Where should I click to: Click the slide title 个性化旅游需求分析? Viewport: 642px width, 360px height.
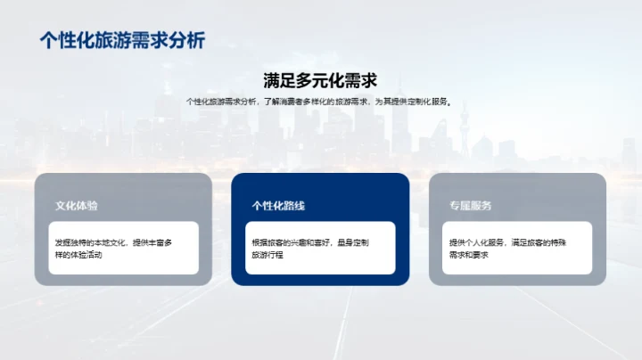coord(123,40)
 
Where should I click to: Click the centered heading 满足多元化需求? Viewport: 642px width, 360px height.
coord(320,80)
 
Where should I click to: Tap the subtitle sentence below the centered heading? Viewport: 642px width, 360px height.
coord(320,102)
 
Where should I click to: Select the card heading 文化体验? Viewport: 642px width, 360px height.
coord(76,206)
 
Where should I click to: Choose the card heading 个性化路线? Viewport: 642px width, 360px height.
coord(278,206)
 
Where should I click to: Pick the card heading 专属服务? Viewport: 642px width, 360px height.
coord(471,206)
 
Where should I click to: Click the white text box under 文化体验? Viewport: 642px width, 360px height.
coord(123,248)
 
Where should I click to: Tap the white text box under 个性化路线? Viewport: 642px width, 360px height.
coord(320,248)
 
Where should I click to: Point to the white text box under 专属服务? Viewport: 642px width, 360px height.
coord(517,248)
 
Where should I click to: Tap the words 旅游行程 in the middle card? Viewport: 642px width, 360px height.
coord(267,255)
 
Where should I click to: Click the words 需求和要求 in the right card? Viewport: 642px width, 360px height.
coord(469,255)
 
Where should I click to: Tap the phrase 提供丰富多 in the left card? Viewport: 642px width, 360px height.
coord(152,242)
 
